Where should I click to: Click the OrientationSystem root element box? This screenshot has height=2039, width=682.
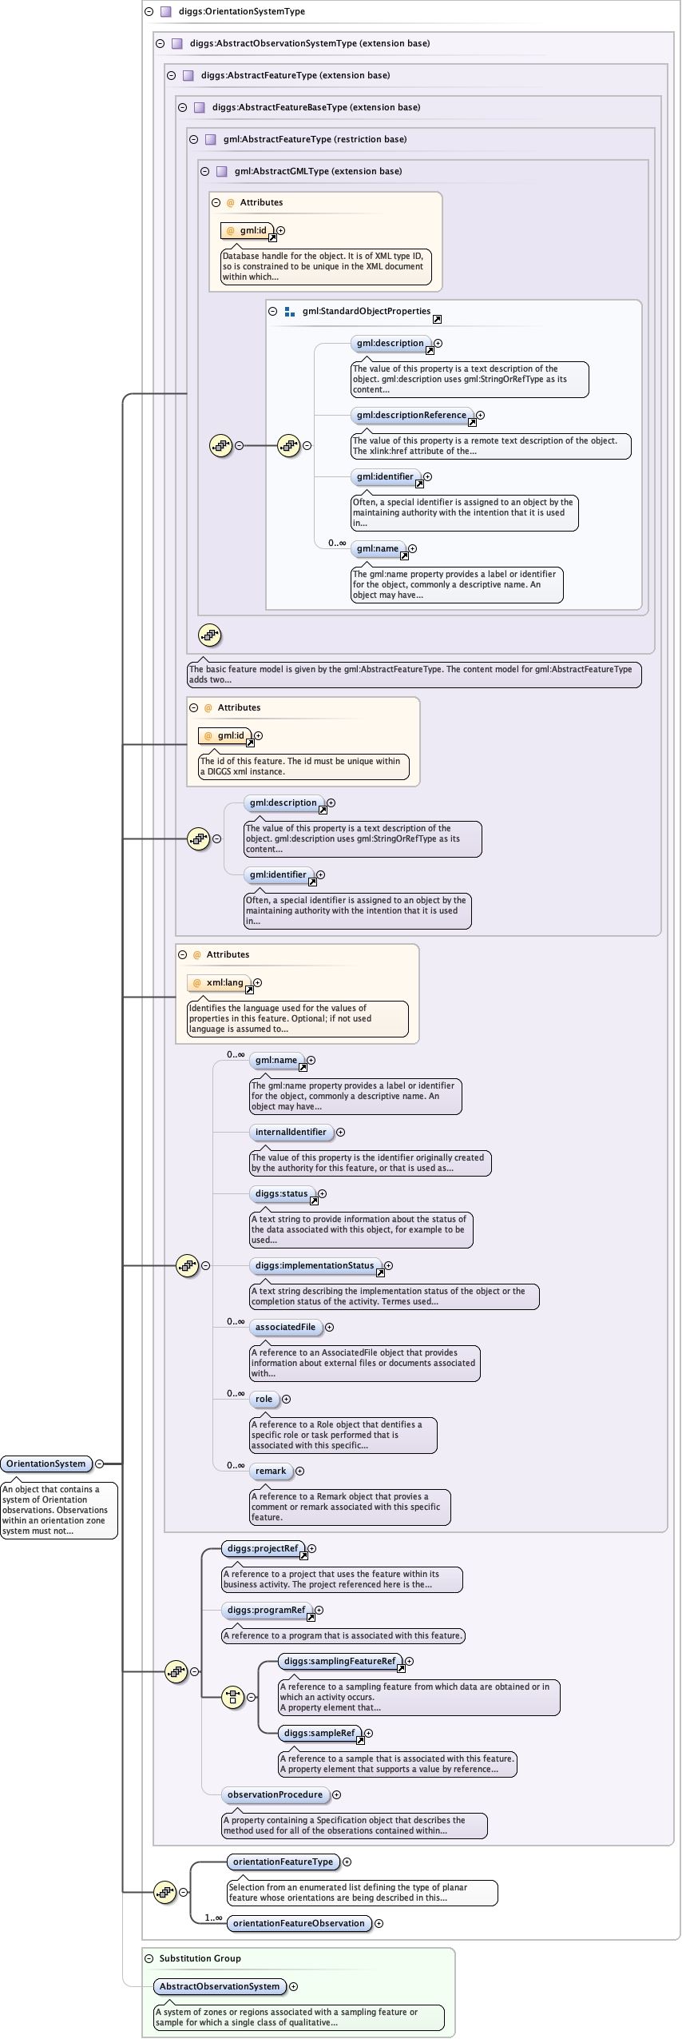(x=46, y=1464)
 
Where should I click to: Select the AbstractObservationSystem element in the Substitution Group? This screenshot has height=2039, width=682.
(x=220, y=1986)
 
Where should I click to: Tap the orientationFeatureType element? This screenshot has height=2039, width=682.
(x=283, y=1862)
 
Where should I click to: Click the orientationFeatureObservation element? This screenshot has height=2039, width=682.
(x=299, y=1923)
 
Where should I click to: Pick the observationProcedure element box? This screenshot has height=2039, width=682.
(x=275, y=1794)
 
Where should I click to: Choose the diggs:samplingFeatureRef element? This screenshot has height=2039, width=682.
(x=339, y=1661)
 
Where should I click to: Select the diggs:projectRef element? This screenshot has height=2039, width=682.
(x=262, y=1548)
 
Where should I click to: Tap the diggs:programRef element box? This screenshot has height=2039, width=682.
(x=266, y=1610)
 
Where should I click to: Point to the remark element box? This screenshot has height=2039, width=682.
(x=271, y=1471)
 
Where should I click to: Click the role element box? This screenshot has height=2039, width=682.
(x=264, y=1399)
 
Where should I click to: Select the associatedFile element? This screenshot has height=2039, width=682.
(x=285, y=1327)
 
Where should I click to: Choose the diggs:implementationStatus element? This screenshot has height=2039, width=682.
(x=315, y=1265)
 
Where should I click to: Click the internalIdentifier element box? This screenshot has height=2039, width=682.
(x=291, y=1132)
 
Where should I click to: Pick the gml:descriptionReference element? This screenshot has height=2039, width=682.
(x=411, y=415)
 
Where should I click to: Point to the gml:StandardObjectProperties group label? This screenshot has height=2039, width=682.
(x=366, y=312)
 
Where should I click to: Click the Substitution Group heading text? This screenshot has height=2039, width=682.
(x=200, y=1958)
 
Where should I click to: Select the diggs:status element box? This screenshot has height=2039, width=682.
(x=281, y=1193)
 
